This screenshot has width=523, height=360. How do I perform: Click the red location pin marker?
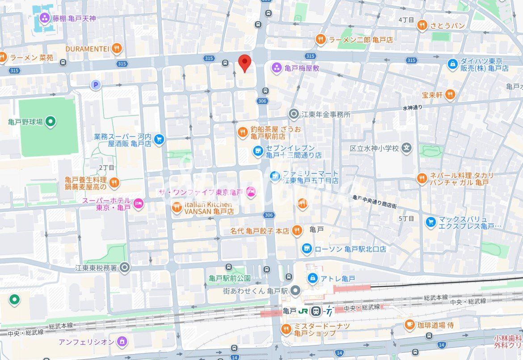point(244,63)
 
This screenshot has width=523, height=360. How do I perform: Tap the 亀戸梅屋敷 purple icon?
point(277,68)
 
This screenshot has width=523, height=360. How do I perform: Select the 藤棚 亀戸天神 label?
point(74,18)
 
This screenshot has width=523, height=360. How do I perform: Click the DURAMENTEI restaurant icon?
point(117,48)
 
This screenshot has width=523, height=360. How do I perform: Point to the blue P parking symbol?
point(95,84)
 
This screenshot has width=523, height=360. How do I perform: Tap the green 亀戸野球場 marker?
point(51,121)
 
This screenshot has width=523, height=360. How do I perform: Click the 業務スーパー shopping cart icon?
point(159,139)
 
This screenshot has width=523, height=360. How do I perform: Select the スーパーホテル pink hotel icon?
point(139,204)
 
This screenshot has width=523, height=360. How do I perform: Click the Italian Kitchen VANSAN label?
point(209,208)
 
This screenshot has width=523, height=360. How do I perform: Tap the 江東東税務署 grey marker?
point(125,268)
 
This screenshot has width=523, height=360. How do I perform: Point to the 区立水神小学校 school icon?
point(406,148)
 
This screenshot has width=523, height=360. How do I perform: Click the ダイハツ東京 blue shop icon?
point(453,64)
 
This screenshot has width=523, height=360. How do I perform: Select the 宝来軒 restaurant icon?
point(450,95)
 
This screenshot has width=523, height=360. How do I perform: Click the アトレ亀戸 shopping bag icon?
point(313,278)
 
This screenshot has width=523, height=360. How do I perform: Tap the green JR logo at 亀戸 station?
point(304,310)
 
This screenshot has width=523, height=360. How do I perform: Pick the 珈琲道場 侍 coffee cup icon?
point(409,325)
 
